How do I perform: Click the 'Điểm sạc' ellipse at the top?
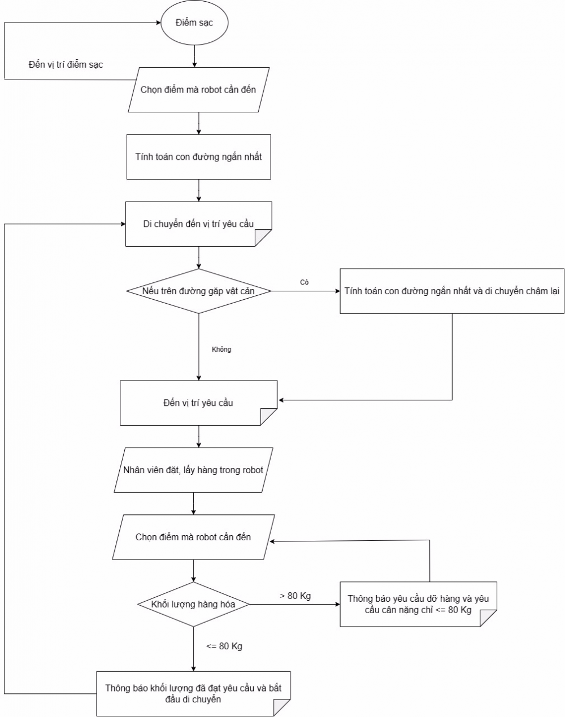(194, 23)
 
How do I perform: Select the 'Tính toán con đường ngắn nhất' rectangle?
(198, 156)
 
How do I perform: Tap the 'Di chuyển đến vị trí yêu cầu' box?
(198, 224)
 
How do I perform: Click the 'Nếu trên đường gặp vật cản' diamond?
(198, 291)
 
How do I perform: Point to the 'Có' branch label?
(304, 282)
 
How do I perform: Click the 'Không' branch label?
(221, 349)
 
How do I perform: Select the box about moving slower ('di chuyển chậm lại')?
(452, 291)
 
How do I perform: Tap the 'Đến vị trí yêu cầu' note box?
(198, 403)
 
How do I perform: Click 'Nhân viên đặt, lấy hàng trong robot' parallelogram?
(193, 470)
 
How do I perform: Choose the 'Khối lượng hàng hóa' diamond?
(193, 604)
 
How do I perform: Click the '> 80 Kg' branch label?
(295, 596)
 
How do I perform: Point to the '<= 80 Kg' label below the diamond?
(224, 646)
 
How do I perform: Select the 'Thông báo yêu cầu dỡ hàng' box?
(418, 604)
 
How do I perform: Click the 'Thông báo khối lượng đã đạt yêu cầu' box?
(193, 693)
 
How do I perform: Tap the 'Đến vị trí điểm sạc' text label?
(66, 64)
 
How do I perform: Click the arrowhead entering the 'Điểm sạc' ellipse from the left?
(159, 23)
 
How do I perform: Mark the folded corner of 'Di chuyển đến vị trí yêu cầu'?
(263, 238)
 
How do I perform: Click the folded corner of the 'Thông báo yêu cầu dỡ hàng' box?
(488, 618)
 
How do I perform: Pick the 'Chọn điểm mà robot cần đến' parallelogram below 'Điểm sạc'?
(198, 90)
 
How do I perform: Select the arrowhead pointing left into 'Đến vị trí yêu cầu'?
(281, 400)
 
